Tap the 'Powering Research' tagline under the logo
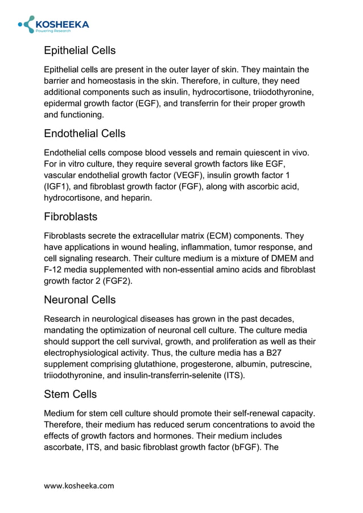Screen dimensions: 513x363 click(x=53, y=31)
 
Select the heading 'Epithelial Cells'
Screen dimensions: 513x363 click(x=80, y=51)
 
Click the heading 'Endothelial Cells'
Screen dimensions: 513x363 click(x=85, y=134)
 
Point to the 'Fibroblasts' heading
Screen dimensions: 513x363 click(x=71, y=217)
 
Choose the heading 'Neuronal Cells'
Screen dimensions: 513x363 click(x=80, y=300)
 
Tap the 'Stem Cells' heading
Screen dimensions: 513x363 click(x=70, y=394)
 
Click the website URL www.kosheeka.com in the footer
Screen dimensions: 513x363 click(x=79, y=485)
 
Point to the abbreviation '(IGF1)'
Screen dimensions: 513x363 click(x=57, y=187)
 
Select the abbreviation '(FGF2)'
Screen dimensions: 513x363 click(x=117, y=281)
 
